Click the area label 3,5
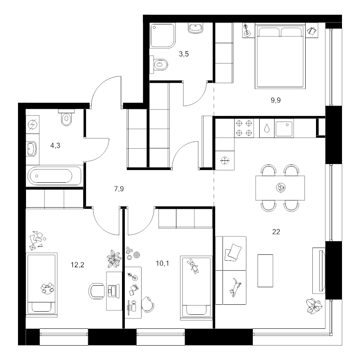pos(184,54)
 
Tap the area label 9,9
pos(276,100)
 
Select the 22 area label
pos(276,232)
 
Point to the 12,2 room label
pos(77,265)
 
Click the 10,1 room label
pos(162,263)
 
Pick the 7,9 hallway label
pos(119,189)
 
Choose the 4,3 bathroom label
pos(55,146)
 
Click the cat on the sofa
pos(235,287)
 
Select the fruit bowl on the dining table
pos(280,188)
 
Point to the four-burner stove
pos(244,128)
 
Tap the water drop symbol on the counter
pos(267,128)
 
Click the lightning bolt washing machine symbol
pos(32,125)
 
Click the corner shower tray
pos(163,36)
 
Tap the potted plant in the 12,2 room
pos(114,259)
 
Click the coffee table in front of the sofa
pos(265,271)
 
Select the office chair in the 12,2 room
pos(96,291)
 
